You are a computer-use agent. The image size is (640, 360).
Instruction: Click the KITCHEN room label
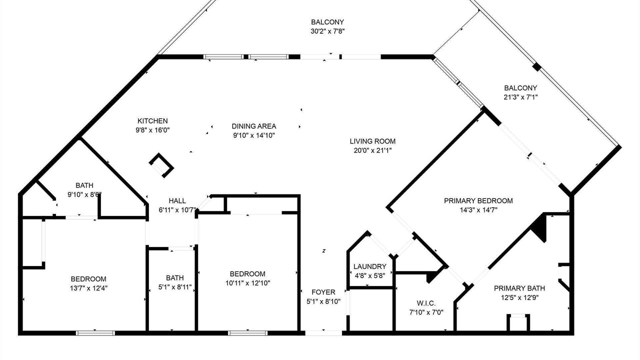[x=152, y=121]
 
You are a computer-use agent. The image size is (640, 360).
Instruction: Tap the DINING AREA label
[x=253, y=126]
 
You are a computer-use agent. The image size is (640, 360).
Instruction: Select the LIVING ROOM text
[x=372, y=141]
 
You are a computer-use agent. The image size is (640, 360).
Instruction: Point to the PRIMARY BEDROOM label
[x=478, y=201]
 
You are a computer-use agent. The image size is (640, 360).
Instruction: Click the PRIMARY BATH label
[x=519, y=288]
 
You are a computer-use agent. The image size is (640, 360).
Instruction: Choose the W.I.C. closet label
[x=426, y=303]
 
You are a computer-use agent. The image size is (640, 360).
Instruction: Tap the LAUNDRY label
[x=369, y=266]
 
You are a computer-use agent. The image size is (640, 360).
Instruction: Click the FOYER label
[x=323, y=292]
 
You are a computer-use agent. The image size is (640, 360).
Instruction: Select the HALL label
[x=177, y=201]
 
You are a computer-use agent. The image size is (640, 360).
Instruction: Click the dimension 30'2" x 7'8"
[x=327, y=31]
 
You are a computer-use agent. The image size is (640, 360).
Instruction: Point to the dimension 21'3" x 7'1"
[x=520, y=97]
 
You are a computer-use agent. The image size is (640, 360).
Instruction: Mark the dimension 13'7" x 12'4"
[x=88, y=288]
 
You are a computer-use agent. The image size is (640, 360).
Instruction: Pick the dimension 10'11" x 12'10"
[x=247, y=283]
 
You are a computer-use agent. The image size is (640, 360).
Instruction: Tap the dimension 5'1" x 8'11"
[x=175, y=287]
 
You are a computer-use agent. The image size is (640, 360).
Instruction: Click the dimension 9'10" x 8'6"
[x=84, y=194]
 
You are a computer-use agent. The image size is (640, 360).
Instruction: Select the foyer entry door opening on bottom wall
[x=323, y=333]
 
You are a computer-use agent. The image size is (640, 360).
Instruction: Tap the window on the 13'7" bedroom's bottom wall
[x=95, y=333]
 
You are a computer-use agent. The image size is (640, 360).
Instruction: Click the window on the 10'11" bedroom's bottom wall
[x=247, y=333]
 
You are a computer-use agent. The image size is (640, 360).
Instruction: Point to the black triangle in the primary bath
[x=539, y=227]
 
